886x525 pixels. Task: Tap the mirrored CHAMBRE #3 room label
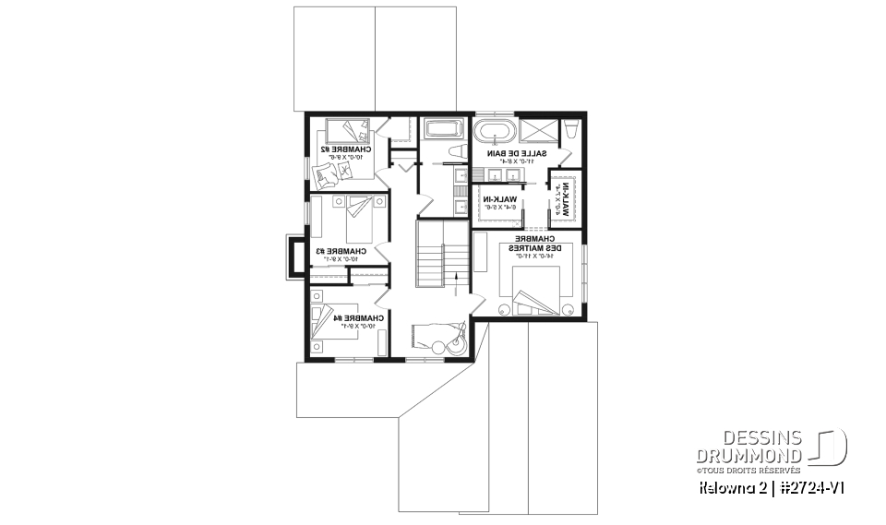click(x=341, y=251)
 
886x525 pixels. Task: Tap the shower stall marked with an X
click(x=538, y=129)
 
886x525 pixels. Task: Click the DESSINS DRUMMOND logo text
click(x=748, y=446)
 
